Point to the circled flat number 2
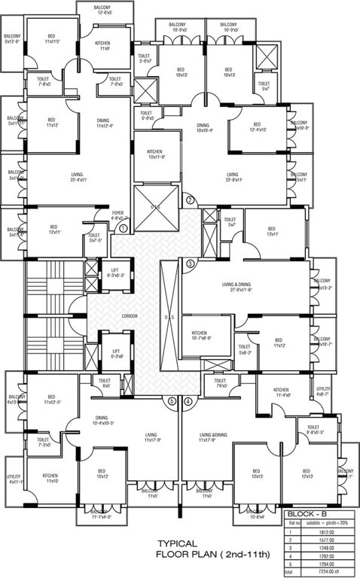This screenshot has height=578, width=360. point(190,199)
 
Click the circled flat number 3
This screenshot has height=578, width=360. point(190,263)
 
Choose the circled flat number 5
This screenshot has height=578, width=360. point(172,401)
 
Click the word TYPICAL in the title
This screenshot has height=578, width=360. point(178,543)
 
